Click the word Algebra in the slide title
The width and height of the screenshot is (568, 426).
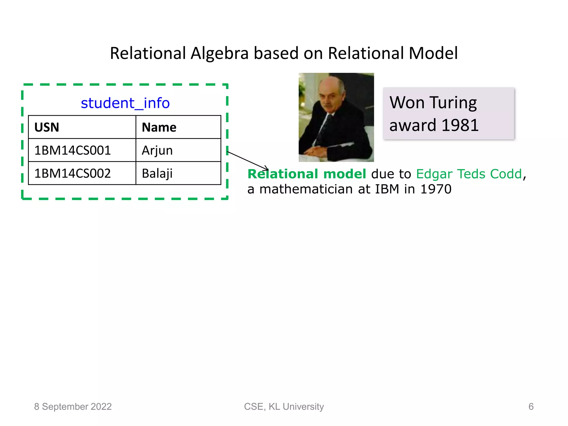coord(219,53)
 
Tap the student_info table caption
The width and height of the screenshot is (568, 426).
coord(125,103)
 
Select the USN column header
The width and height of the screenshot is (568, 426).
coord(47,127)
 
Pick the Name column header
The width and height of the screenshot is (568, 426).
coord(159,127)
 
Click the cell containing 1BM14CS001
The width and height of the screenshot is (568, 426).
coord(72,150)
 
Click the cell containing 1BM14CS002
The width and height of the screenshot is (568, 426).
coord(72,173)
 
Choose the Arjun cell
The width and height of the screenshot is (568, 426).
coord(157,150)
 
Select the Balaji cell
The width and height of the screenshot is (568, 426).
coord(157,173)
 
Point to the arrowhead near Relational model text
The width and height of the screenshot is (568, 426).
coord(267,168)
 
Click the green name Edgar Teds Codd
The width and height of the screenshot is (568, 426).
coord(469,174)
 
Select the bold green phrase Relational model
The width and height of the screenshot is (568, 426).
coord(307,174)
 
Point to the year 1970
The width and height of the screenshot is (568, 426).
coord(436,189)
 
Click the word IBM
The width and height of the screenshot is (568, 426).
coord(387,189)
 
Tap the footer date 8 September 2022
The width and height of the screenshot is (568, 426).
coord(73,407)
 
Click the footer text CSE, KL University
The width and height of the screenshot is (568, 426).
coord(284,407)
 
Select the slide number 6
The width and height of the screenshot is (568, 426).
coord(531,407)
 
